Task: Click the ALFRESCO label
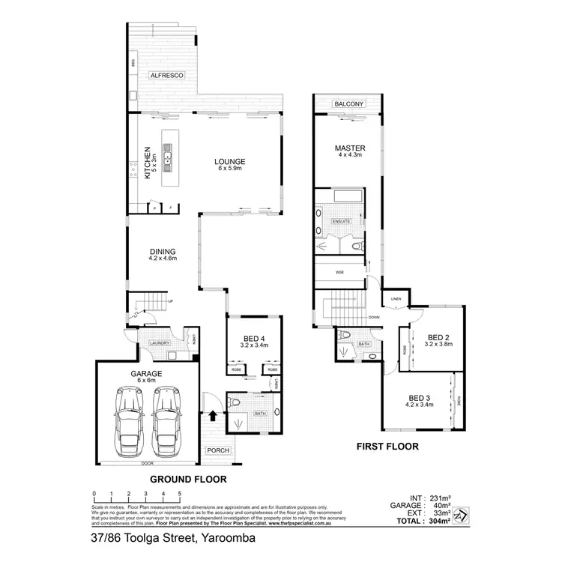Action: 162,76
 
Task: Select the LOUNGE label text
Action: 230,161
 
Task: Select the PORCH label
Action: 219,450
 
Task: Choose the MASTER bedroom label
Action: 348,149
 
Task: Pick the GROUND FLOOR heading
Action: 189,478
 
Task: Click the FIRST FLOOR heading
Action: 387,447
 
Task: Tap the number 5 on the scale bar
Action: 180,494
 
